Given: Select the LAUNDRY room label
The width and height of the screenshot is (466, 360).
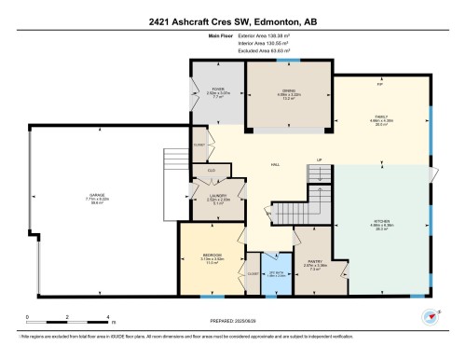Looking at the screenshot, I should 218,196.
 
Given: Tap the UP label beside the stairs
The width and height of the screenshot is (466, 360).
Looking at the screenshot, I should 318,159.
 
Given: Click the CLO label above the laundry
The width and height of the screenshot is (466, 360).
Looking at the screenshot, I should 212,170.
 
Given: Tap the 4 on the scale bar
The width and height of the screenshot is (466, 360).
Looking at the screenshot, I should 109,318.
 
